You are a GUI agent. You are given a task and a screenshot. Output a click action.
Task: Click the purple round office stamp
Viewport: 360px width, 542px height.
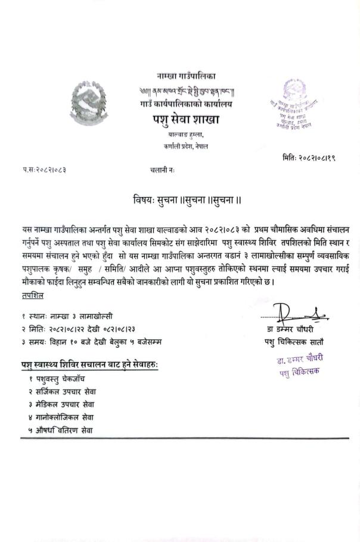tap(296, 104)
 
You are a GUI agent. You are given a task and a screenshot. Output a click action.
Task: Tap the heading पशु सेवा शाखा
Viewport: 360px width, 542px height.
tap(185, 120)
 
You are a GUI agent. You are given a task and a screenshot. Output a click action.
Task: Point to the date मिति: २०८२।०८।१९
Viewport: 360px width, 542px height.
tap(309, 158)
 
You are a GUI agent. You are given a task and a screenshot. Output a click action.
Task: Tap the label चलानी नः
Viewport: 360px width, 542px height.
tap(163, 170)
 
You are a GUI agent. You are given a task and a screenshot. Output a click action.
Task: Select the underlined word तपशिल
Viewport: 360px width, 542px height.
tap(31, 296)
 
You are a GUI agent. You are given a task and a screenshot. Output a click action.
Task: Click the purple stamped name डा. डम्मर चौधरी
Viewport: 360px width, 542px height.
tap(299, 360)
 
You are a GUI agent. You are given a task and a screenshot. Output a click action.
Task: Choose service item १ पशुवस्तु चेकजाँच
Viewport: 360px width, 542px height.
tap(60, 379)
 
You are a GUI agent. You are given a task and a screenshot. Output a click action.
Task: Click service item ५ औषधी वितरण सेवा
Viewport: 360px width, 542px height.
tap(60, 430)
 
